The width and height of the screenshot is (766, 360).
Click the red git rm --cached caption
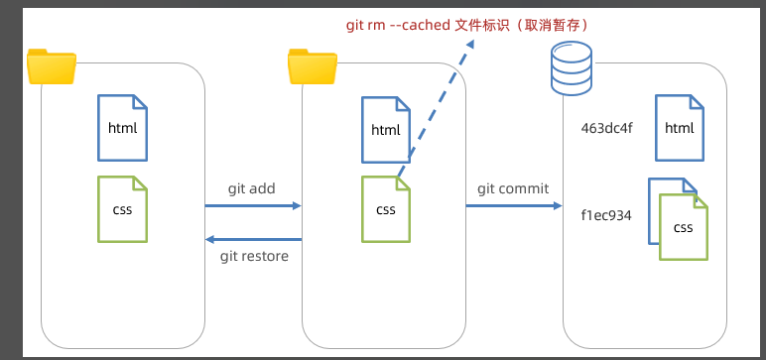tap(467, 25)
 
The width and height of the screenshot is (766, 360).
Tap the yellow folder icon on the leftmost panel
tap(52, 66)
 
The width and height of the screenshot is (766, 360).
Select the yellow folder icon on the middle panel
tap(313, 66)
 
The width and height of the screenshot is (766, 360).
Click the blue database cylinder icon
tap(572, 67)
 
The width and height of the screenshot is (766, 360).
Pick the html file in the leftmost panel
tap(122, 128)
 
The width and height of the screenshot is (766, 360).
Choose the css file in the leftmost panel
tap(122, 209)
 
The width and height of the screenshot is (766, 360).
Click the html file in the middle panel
tap(386, 130)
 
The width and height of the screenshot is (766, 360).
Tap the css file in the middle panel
tap(386, 209)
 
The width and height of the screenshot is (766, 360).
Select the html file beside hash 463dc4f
tap(680, 128)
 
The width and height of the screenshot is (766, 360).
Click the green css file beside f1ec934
tap(684, 227)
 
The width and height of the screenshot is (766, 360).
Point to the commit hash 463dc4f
tap(606, 129)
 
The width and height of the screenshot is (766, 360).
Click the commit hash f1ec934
tap(606, 215)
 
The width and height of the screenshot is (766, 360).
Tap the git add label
tap(252, 188)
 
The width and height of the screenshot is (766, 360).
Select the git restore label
tap(254, 256)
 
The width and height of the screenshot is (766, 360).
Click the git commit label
tap(513, 188)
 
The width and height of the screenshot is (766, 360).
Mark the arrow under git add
tap(253, 205)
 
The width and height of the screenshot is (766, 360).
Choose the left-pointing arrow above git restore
tap(253, 239)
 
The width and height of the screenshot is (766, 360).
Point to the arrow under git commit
tap(514, 205)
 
